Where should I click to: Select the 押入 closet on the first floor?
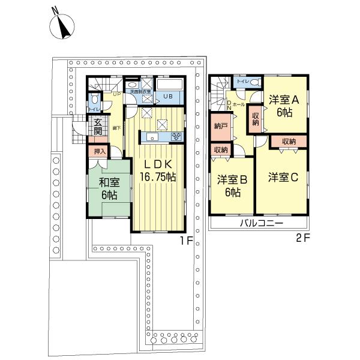pos(99,151)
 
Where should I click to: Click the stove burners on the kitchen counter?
pos(176,137)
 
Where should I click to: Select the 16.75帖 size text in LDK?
pos(158,177)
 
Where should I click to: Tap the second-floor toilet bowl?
pos(254,82)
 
